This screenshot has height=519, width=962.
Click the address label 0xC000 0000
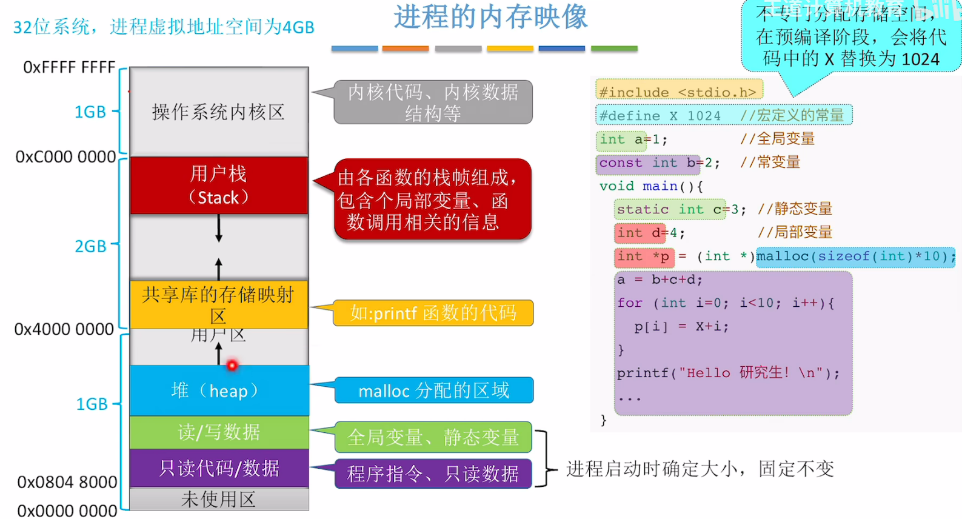(x=65, y=157)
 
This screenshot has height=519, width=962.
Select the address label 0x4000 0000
(x=64, y=329)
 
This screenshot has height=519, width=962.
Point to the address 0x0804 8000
(x=67, y=482)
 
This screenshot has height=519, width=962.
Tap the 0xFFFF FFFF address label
(x=69, y=67)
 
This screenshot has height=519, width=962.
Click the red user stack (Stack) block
(x=219, y=186)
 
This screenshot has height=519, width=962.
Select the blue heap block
(x=219, y=390)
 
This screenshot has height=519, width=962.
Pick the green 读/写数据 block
(x=219, y=432)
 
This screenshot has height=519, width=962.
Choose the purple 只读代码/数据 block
(x=219, y=468)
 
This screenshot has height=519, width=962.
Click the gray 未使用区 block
(x=219, y=500)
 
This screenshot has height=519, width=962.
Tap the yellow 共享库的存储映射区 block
(x=219, y=303)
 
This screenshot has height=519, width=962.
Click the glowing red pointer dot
(x=232, y=365)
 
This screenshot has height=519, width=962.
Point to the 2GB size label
(x=90, y=246)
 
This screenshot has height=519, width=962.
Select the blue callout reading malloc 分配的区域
(x=433, y=390)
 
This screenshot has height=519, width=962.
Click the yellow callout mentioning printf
(x=433, y=313)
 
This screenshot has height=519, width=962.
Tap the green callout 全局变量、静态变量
(x=433, y=437)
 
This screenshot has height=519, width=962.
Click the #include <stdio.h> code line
(x=678, y=92)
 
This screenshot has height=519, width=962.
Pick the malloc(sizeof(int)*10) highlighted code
(x=855, y=256)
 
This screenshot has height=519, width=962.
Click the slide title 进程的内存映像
(x=490, y=17)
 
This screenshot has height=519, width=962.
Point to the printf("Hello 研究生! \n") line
(x=728, y=373)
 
